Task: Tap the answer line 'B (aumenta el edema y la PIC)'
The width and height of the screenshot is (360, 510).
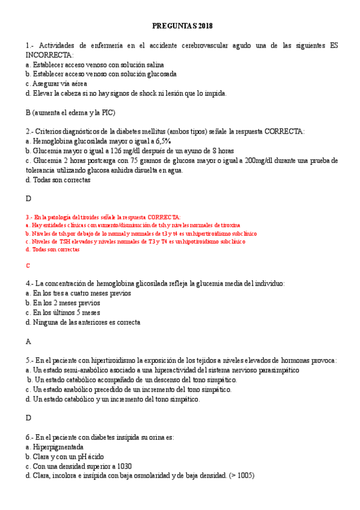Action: [70, 112]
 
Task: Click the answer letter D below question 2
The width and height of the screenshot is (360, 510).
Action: [28, 198]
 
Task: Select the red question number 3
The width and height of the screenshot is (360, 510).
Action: [28, 217]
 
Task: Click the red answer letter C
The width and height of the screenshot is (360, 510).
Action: [28, 265]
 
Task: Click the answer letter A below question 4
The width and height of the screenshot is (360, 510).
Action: [28, 341]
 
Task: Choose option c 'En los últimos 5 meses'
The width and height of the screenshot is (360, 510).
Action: [63, 313]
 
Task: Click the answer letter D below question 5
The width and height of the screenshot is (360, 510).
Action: [28, 417]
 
